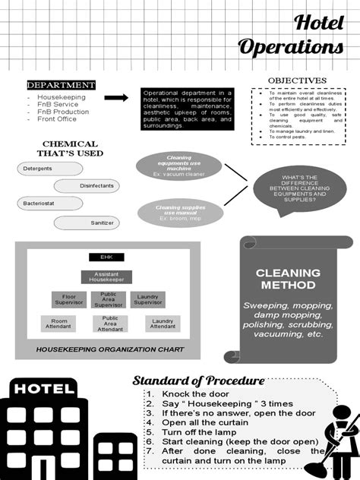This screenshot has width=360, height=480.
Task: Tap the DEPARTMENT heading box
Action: (x=62, y=85)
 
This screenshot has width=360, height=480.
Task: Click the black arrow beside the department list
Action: (x=115, y=98)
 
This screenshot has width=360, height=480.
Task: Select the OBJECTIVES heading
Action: (x=297, y=81)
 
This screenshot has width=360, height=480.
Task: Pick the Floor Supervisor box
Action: (x=69, y=299)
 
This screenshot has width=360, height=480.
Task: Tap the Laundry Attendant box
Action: (x=162, y=323)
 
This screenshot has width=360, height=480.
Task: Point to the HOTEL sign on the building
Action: (x=43, y=389)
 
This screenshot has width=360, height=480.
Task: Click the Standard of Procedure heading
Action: (x=198, y=381)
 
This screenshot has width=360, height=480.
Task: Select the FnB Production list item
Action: (x=63, y=112)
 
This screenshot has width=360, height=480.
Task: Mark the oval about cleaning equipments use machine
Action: (x=178, y=163)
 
